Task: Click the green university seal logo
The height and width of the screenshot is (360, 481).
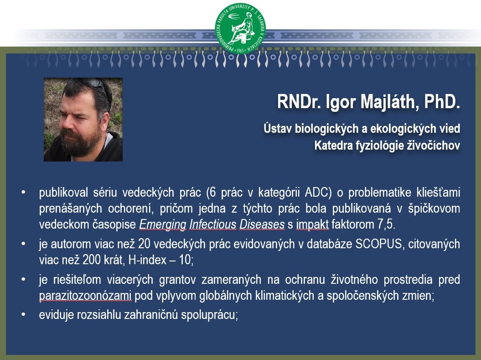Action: click(x=240, y=28)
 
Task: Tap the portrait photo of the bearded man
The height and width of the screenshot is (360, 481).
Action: click(x=83, y=120)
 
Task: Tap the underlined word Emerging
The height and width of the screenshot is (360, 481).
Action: click(x=163, y=224)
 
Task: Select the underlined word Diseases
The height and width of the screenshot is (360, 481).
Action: click(x=262, y=224)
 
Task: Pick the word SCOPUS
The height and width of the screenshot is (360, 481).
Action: click(x=378, y=244)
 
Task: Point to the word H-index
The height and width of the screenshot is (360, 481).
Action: click(x=147, y=260)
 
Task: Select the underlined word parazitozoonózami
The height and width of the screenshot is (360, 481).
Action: click(x=85, y=296)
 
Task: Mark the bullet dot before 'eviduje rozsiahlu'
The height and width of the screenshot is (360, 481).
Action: click(x=23, y=315)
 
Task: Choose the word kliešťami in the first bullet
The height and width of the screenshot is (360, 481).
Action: click(x=438, y=192)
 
